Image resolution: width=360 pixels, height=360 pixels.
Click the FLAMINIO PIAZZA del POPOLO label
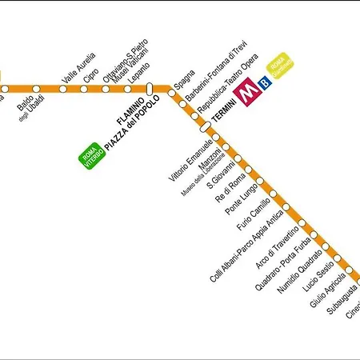coord(127,125)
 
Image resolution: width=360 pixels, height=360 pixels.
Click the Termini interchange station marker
coord(205,126)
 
